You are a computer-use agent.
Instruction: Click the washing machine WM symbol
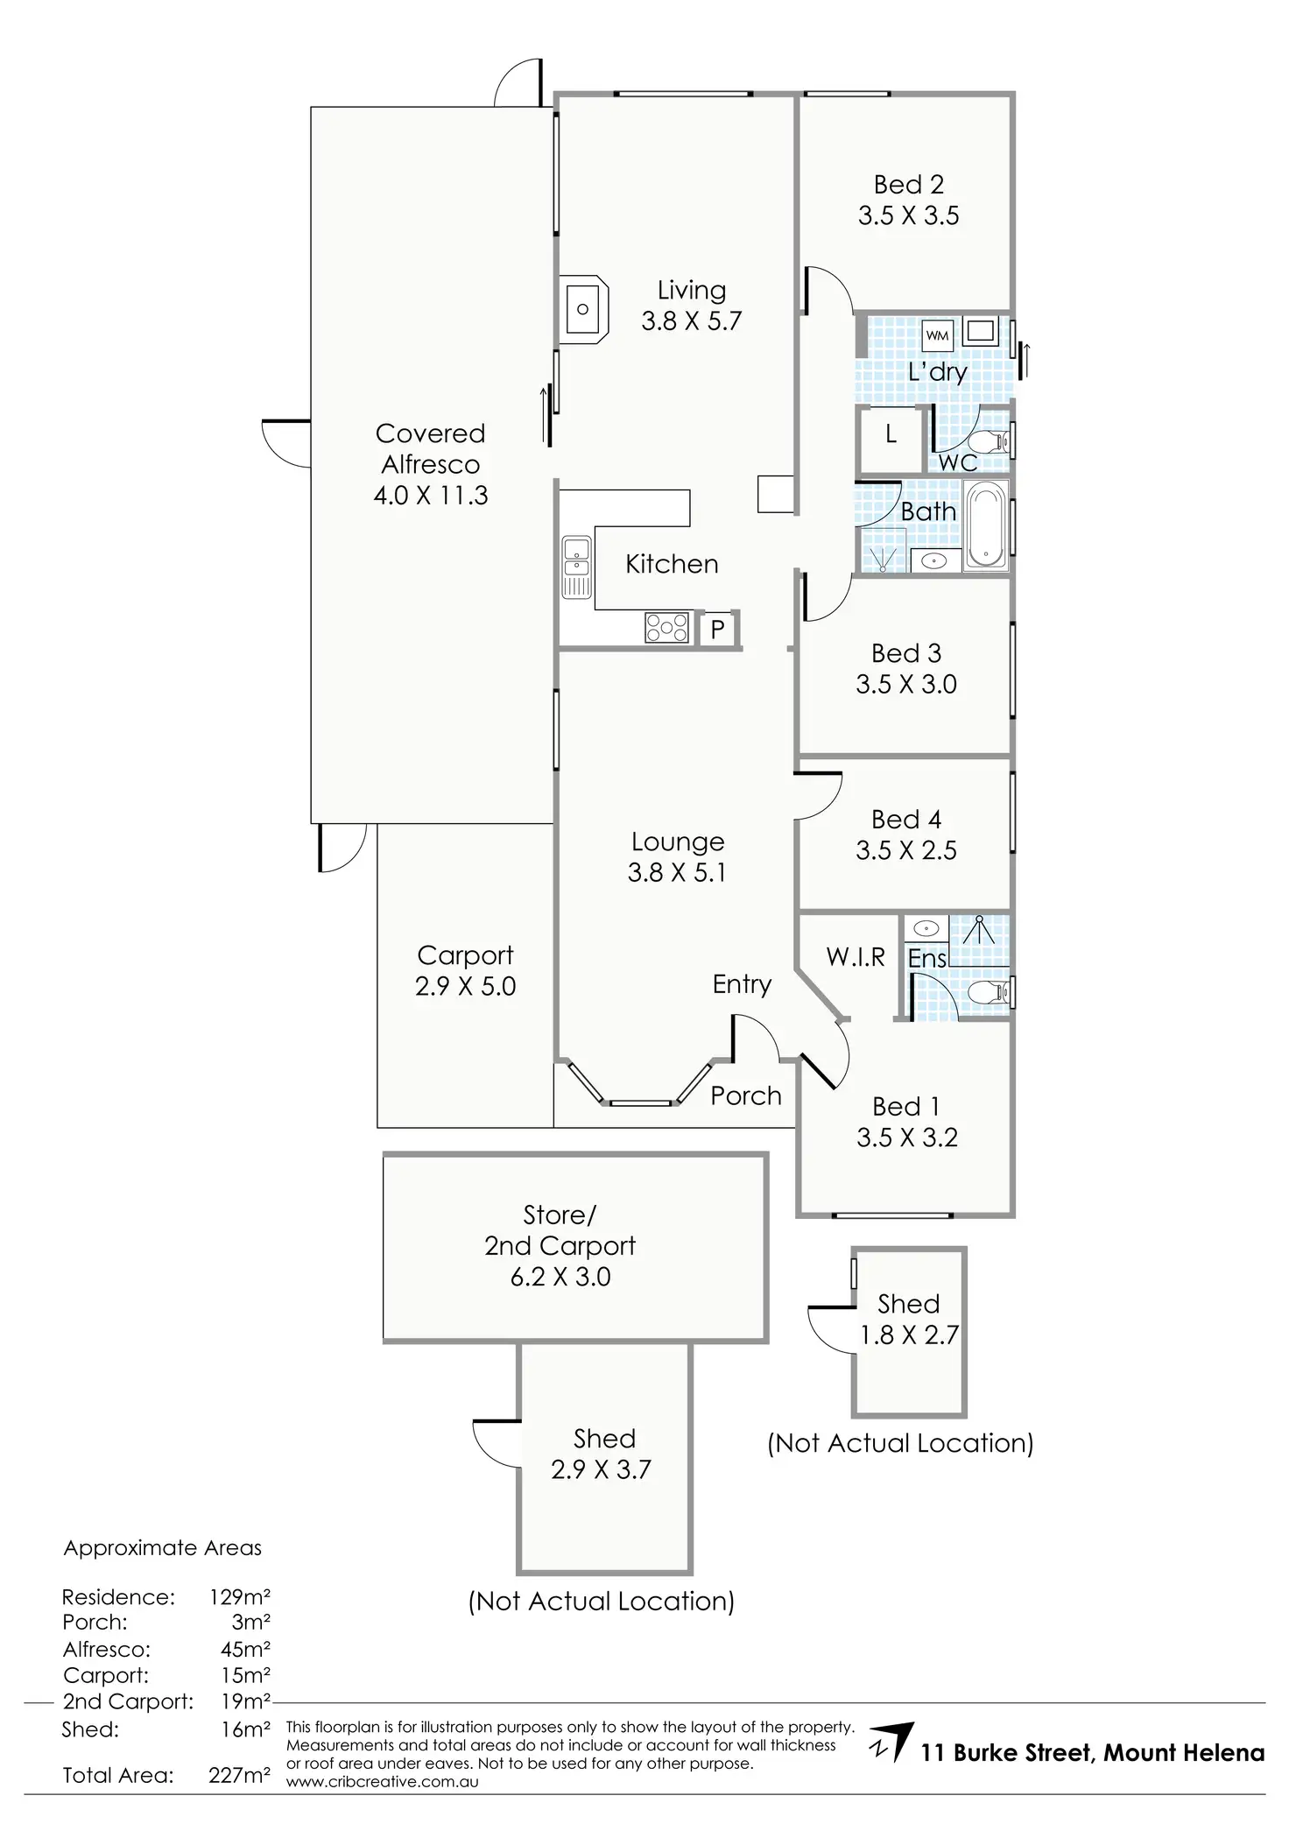(937, 335)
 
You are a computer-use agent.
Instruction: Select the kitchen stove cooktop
(666, 627)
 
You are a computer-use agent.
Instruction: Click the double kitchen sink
(576, 567)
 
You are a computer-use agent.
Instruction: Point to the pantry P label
(717, 629)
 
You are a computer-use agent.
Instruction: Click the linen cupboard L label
(891, 434)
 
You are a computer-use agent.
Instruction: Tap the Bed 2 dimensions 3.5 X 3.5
(909, 215)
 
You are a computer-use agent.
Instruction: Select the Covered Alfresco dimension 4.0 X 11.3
(431, 496)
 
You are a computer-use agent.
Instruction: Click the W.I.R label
(856, 957)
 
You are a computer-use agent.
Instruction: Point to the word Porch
(746, 1095)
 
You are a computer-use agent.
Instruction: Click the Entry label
(742, 985)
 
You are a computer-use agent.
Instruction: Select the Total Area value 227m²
(239, 1775)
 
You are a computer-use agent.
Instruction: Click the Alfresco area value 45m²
(245, 1650)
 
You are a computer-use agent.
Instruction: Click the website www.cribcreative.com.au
(383, 1781)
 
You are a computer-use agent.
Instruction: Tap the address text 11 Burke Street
(1006, 1752)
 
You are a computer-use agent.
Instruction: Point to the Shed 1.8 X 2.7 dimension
(909, 1335)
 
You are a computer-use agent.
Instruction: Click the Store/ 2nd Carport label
(560, 1230)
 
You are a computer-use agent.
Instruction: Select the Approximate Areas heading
(163, 1548)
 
